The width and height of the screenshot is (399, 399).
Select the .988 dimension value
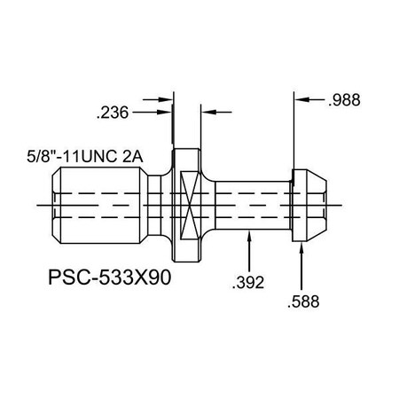coord(344,102)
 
